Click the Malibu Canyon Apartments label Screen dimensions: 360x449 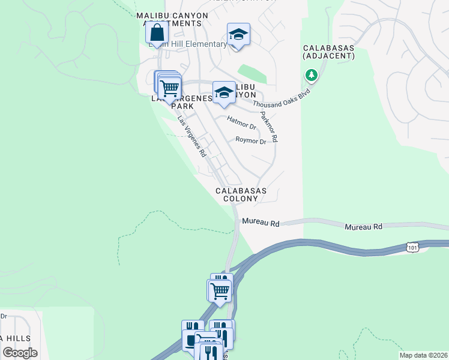click(x=172, y=19)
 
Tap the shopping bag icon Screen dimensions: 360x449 click(x=157, y=34)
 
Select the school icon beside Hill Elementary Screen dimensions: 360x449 click(x=238, y=34)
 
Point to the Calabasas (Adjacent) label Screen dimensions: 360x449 click(x=328, y=52)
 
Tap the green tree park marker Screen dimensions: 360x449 click(x=311, y=76)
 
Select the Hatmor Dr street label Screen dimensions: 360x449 click(x=241, y=123)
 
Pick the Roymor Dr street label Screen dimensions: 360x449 click(x=250, y=141)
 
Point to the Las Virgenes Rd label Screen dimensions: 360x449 click(x=192, y=136)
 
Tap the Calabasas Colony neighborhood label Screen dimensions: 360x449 click(x=241, y=194)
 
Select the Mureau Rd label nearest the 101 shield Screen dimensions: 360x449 click(x=363, y=227)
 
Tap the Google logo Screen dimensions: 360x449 click(x=20, y=353)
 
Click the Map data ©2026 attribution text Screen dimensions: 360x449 click(x=423, y=355)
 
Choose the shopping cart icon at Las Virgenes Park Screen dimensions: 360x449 click(x=170, y=88)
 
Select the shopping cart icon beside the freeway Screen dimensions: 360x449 click(x=220, y=291)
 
